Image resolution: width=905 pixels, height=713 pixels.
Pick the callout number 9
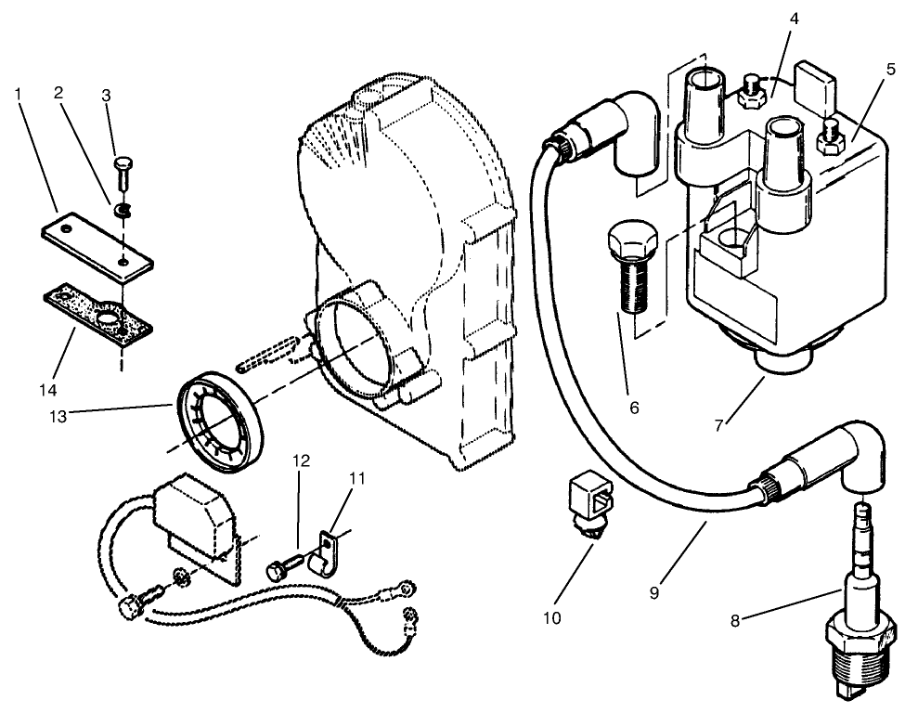click(654, 591)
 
